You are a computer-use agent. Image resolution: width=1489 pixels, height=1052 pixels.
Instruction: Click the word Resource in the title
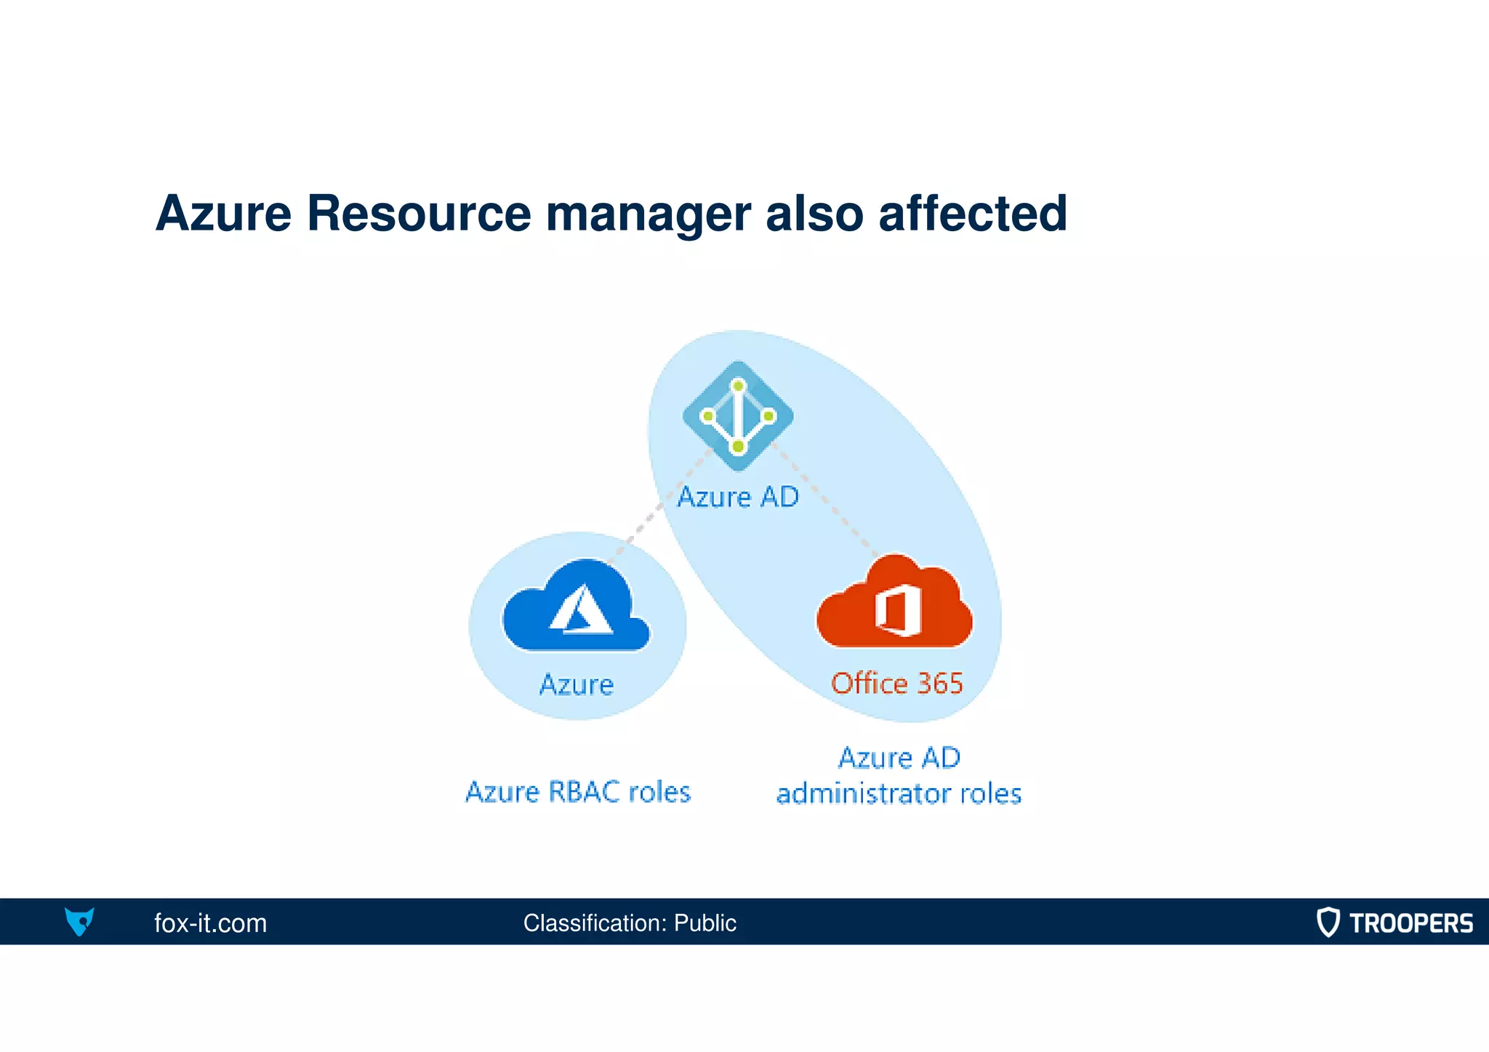[x=419, y=214]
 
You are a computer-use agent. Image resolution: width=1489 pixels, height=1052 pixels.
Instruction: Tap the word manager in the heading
[x=648, y=215]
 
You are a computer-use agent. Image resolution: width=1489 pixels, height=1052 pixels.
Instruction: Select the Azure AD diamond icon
[x=738, y=416]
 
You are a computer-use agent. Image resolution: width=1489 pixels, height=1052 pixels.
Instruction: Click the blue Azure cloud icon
[x=576, y=607]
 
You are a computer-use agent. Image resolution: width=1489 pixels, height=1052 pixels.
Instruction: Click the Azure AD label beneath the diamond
[x=738, y=497]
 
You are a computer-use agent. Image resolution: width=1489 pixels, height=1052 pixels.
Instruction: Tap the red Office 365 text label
[x=896, y=683]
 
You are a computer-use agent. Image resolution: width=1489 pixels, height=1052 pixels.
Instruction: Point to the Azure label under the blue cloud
[x=576, y=685]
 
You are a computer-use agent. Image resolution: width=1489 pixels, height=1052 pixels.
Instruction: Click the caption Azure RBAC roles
[x=578, y=792]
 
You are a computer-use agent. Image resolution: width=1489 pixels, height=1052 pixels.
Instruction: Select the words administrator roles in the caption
[x=899, y=793]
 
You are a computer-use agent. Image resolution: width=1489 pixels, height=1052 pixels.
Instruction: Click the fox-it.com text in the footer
[x=210, y=923]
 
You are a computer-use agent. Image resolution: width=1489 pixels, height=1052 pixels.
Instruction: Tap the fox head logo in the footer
[x=79, y=921]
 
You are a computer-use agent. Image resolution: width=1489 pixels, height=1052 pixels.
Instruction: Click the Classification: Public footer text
[x=630, y=923]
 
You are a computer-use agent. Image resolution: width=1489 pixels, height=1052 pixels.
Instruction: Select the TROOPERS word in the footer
[x=1410, y=923]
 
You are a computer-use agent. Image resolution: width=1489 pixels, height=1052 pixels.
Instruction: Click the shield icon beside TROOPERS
[x=1328, y=922]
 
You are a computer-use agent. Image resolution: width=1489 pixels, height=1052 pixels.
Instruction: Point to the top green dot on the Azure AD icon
[x=738, y=385]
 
